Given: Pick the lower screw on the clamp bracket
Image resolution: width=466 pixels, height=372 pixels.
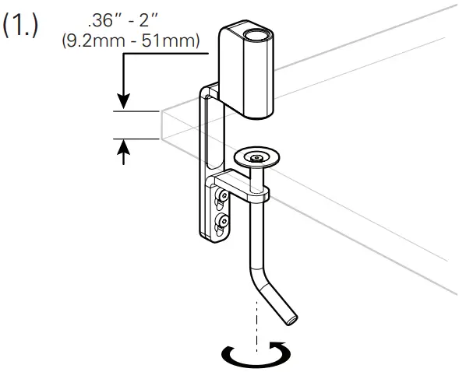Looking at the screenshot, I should (224, 223).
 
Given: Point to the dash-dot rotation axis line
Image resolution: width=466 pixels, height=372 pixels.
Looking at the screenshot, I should (254, 319).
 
